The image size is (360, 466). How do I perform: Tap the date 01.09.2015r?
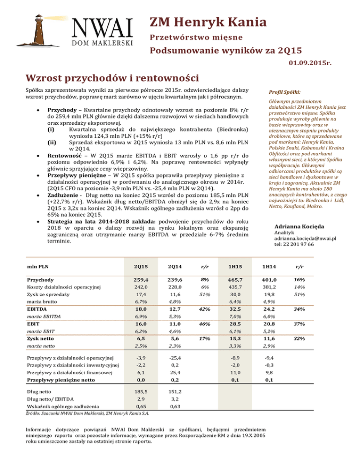(x=331, y=62)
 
